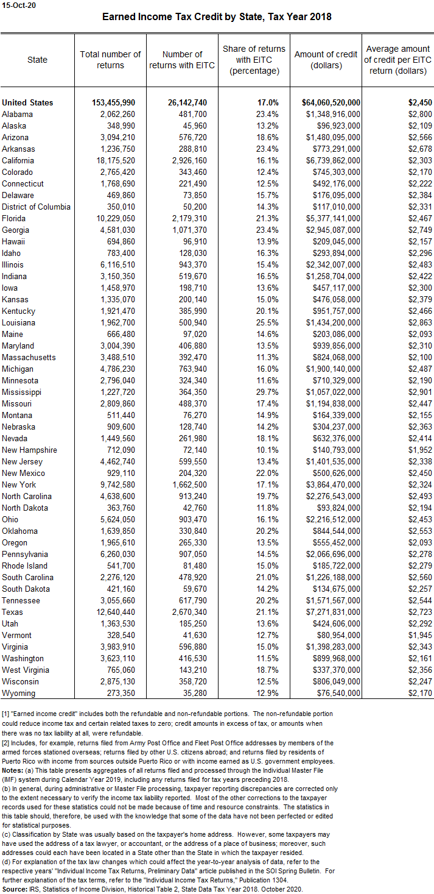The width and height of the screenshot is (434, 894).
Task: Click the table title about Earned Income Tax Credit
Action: (x=217, y=17)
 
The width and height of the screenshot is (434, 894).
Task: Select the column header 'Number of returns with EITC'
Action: (x=182, y=60)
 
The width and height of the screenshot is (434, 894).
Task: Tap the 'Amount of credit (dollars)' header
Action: (x=326, y=60)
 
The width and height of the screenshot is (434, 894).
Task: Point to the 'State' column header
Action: (x=37, y=60)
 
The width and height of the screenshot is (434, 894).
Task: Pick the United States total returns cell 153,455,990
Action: (x=110, y=102)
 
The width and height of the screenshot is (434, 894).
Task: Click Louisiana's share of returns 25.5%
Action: (x=267, y=322)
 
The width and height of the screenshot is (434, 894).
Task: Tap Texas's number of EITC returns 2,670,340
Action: (x=186, y=612)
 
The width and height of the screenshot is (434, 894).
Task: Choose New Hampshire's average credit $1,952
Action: (x=420, y=450)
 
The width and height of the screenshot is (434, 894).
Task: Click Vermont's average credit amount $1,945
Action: (x=420, y=635)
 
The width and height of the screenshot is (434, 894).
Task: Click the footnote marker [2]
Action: (x=6, y=743)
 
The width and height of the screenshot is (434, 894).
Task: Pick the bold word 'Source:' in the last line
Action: (x=15, y=889)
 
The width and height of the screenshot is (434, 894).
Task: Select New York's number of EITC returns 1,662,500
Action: (x=186, y=484)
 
